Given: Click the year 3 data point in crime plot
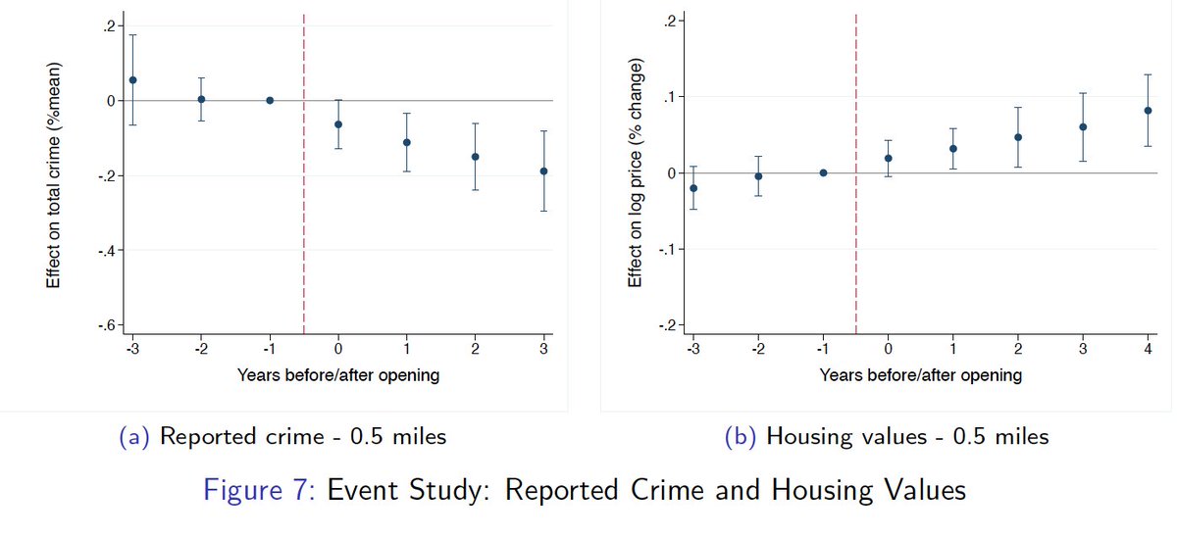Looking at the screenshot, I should (543, 171).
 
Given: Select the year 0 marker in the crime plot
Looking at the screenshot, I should (338, 124).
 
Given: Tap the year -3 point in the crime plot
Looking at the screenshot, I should (132, 80).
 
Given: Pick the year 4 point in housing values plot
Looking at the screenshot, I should (1148, 111).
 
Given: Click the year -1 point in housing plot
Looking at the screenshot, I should (823, 172).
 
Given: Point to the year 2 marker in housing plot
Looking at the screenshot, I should (1017, 137).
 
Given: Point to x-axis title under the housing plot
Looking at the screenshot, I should (920, 375).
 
